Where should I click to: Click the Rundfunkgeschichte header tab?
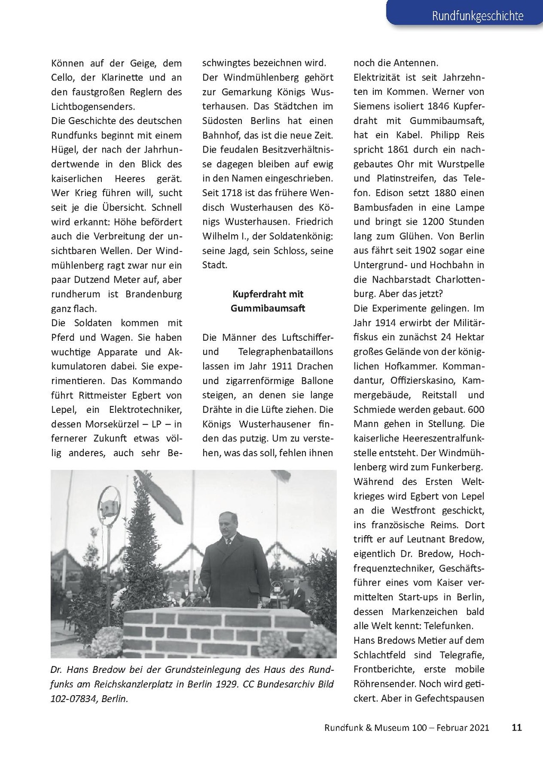tap(477, 16)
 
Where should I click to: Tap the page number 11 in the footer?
tap(516, 727)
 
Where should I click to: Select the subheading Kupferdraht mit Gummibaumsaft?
tap(268, 301)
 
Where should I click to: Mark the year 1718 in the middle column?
tap(237, 193)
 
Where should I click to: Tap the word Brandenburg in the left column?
tap(153, 294)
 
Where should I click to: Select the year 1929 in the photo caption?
tap(227, 684)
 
